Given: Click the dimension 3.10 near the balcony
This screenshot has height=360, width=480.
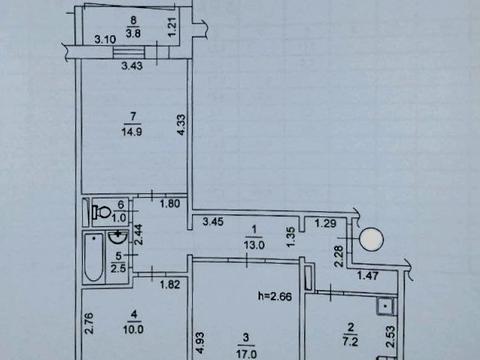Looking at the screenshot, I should coord(105,39).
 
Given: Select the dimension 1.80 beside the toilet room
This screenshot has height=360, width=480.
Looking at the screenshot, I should coord(170,205).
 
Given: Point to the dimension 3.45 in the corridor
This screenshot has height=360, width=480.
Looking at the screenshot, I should coord(215,221).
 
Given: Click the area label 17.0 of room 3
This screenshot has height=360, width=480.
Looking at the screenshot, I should coord(245,352).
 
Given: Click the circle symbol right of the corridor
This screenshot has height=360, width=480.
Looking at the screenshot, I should coord(371,240).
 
